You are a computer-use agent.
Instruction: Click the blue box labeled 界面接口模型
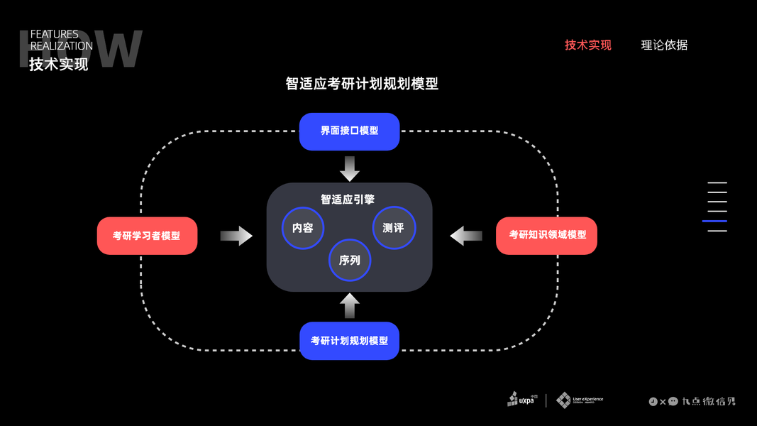[x=349, y=131]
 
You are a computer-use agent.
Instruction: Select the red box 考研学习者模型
[x=147, y=236]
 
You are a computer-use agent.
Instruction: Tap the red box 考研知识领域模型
[x=546, y=235]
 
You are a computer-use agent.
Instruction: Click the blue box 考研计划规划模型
[x=349, y=341]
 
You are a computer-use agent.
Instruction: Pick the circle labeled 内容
[x=303, y=228]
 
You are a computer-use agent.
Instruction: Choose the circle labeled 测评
[x=394, y=228]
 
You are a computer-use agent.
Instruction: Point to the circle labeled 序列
[x=350, y=260]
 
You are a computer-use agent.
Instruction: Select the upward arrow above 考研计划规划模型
[x=349, y=305]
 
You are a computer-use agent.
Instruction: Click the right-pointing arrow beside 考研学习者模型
[x=236, y=236]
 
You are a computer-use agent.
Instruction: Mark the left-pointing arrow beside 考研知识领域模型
[x=466, y=235]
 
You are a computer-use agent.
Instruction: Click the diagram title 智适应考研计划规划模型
[x=362, y=84]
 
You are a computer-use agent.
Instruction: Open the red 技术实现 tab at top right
[x=588, y=45]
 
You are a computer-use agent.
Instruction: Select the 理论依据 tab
[x=664, y=45]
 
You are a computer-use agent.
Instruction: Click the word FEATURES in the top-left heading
[x=55, y=34]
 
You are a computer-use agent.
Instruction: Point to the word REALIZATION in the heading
[x=62, y=46]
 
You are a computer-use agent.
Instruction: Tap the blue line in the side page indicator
[x=714, y=222]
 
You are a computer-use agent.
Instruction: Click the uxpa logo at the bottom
[x=522, y=399]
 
